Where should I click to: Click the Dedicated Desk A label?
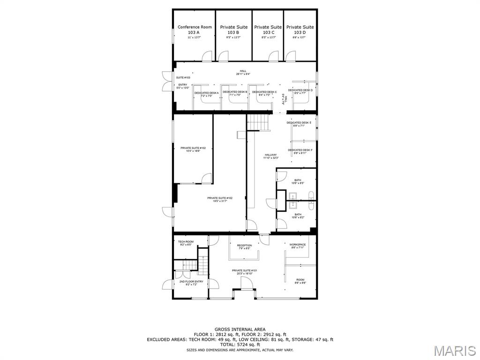tap(207, 94)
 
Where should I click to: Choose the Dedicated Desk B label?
tap(235, 93)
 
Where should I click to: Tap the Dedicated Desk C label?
tap(264, 93)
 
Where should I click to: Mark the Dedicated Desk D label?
tap(300, 91)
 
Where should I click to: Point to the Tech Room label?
tap(186, 243)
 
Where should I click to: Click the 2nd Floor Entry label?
tap(191, 283)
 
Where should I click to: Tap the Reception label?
tap(244, 247)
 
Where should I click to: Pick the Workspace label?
tap(298, 246)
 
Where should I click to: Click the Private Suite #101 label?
tap(244, 272)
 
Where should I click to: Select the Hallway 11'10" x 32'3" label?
tap(270, 156)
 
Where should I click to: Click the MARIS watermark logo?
tap(455, 351)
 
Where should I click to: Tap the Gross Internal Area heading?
tap(240, 330)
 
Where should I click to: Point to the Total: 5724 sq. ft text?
tap(240, 345)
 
